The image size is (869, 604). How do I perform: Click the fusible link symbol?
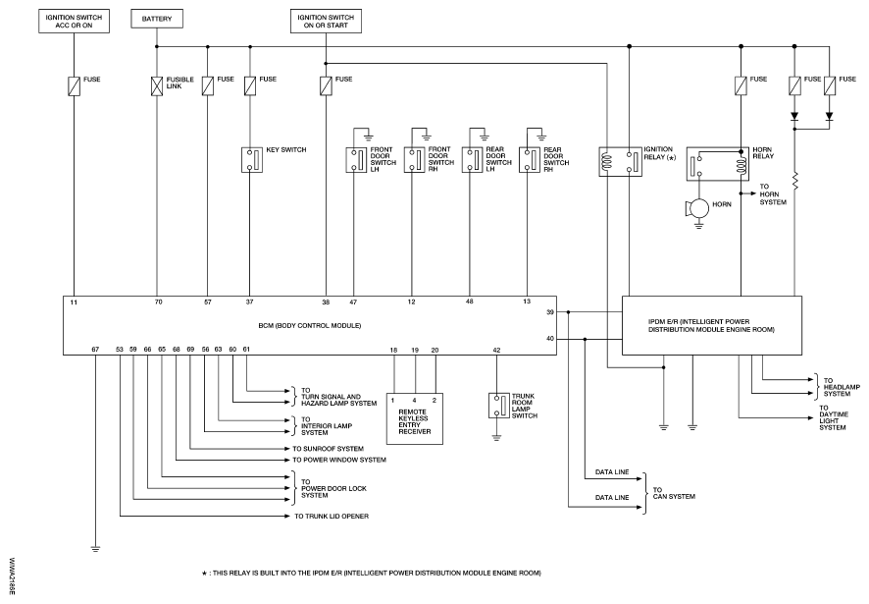(x=158, y=86)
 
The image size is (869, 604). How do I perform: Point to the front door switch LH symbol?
(x=354, y=159)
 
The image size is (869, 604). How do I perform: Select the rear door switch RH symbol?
(x=530, y=159)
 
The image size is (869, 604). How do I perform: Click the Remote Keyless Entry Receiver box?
(x=414, y=416)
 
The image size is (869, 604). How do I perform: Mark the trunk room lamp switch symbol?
(x=497, y=405)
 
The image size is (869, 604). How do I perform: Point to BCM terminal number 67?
(x=95, y=349)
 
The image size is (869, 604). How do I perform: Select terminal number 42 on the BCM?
(x=497, y=349)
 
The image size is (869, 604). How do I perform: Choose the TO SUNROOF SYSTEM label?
(x=328, y=447)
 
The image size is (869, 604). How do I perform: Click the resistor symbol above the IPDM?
(x=795, y=183)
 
